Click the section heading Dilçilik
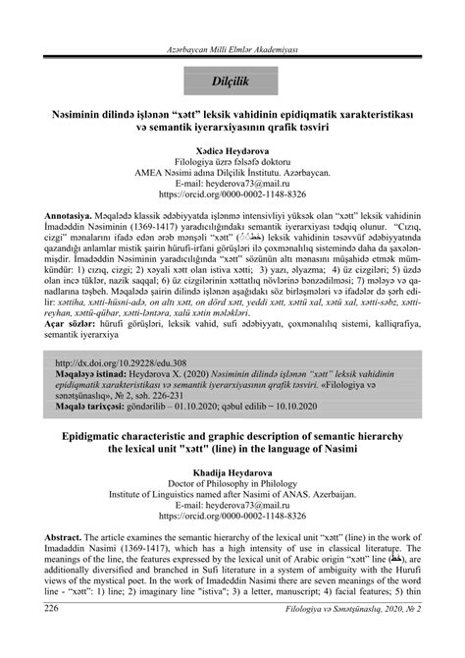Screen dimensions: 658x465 232,76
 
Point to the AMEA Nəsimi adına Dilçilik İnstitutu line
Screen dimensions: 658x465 232,170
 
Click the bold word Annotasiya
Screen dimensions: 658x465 73,212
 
